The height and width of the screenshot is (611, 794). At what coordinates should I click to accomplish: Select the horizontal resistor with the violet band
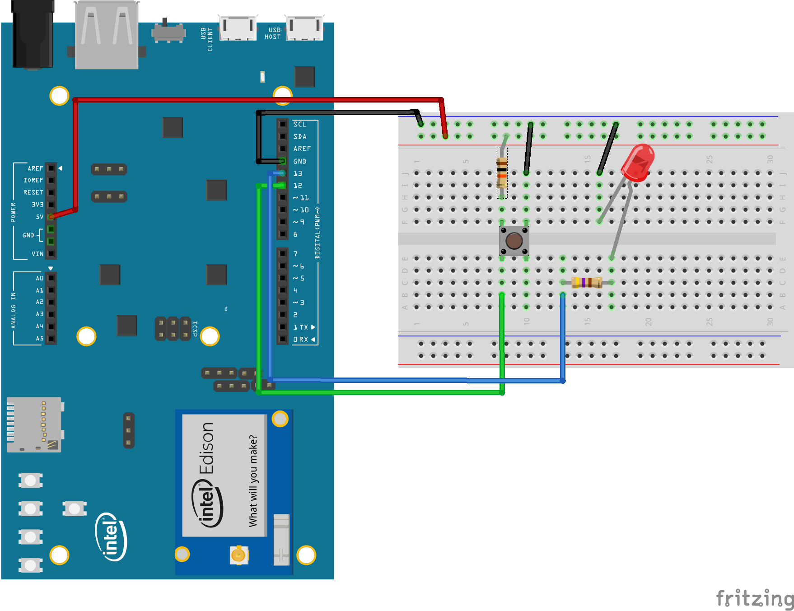point(586,283)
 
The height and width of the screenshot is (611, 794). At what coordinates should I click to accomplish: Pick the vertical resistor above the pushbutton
point(502,173)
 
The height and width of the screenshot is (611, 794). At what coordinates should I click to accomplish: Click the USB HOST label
point(273,33)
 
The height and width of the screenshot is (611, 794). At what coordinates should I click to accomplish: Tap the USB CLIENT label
point(206,39)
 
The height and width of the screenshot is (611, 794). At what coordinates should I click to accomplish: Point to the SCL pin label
point(299,124)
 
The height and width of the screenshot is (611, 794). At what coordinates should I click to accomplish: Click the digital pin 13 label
point(298,173)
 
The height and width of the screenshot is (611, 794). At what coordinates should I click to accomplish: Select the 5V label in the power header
point(40,217)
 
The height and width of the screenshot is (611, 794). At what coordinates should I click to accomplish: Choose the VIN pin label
point(37,254)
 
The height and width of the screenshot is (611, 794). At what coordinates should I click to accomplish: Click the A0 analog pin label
point(40,278)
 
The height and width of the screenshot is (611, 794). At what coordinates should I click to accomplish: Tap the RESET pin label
point(33,192)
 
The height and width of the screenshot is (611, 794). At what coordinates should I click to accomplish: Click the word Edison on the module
point(207,448)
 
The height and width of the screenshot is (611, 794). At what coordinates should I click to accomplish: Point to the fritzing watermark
point(754,598)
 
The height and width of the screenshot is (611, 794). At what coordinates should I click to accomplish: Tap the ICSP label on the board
point(195,328)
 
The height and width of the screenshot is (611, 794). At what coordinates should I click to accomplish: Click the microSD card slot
point(34,424)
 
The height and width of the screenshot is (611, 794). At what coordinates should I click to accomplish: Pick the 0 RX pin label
point(301,340)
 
